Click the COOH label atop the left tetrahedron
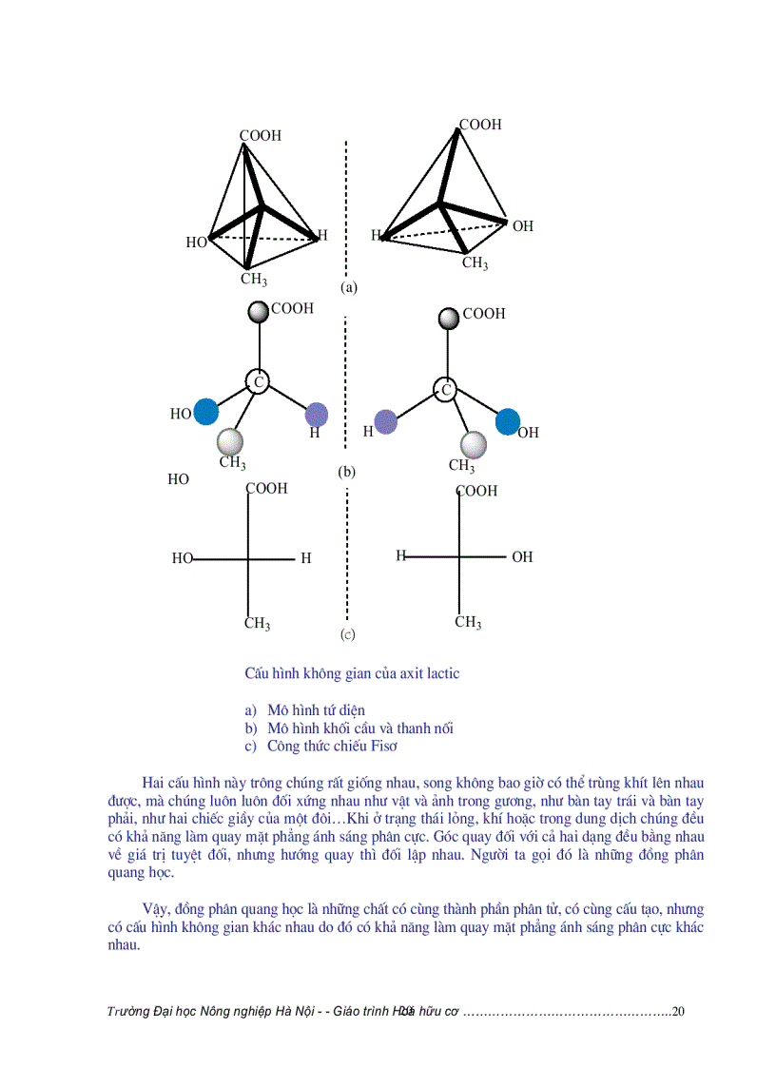[x=260, y=136]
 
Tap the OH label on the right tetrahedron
[x=522, y=226]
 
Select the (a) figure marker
[x=348, y=286]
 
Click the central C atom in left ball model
[x=257, y=381]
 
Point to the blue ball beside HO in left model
[x=205, y=412]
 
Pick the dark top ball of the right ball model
[x=447, y=319]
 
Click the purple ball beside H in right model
[x=385, y=421]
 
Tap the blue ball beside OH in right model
[x=508, y=420]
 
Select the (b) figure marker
[x=346, y=471]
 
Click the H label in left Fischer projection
[x=305, y=559]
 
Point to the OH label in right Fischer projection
[x=522, y=557]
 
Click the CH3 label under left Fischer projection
[x=257, y=624]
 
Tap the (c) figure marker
[x=347, y=633]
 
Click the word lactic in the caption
[x=441, y=673]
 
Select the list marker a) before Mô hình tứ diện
[x=250, y=710]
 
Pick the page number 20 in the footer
[x=678, y=1011]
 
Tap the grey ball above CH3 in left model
[x=230, y=441]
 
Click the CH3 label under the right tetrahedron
[x=475, y=263]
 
